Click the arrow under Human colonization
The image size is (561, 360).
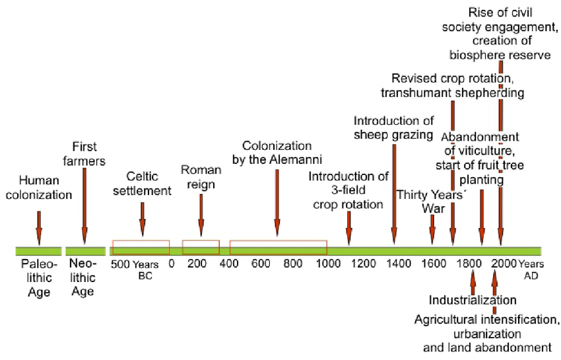pos(39,229)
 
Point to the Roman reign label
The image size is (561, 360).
pos(201,177)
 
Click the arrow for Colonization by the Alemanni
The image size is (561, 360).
pos(277,202)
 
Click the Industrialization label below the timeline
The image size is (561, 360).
pos(473,300)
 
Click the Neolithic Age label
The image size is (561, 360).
pos(82,278)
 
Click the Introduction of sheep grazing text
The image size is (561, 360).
pos(393,128)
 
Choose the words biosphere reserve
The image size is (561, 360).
pos(500,55)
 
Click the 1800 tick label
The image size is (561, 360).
pos(469,263)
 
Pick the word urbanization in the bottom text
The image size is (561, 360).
pos(486,333)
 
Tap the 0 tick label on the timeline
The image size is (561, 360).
pos(171,263)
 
